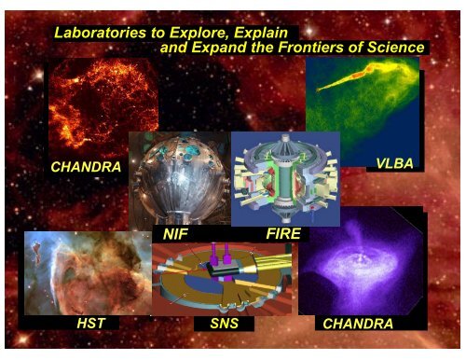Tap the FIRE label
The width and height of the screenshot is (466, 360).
click(x=281, y=236)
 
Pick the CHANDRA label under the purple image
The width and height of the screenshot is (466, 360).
click(x=355, y=324)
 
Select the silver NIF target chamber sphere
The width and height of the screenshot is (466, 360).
click(x=177, y=182)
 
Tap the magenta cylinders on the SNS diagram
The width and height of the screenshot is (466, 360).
click(x=220, y=252)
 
